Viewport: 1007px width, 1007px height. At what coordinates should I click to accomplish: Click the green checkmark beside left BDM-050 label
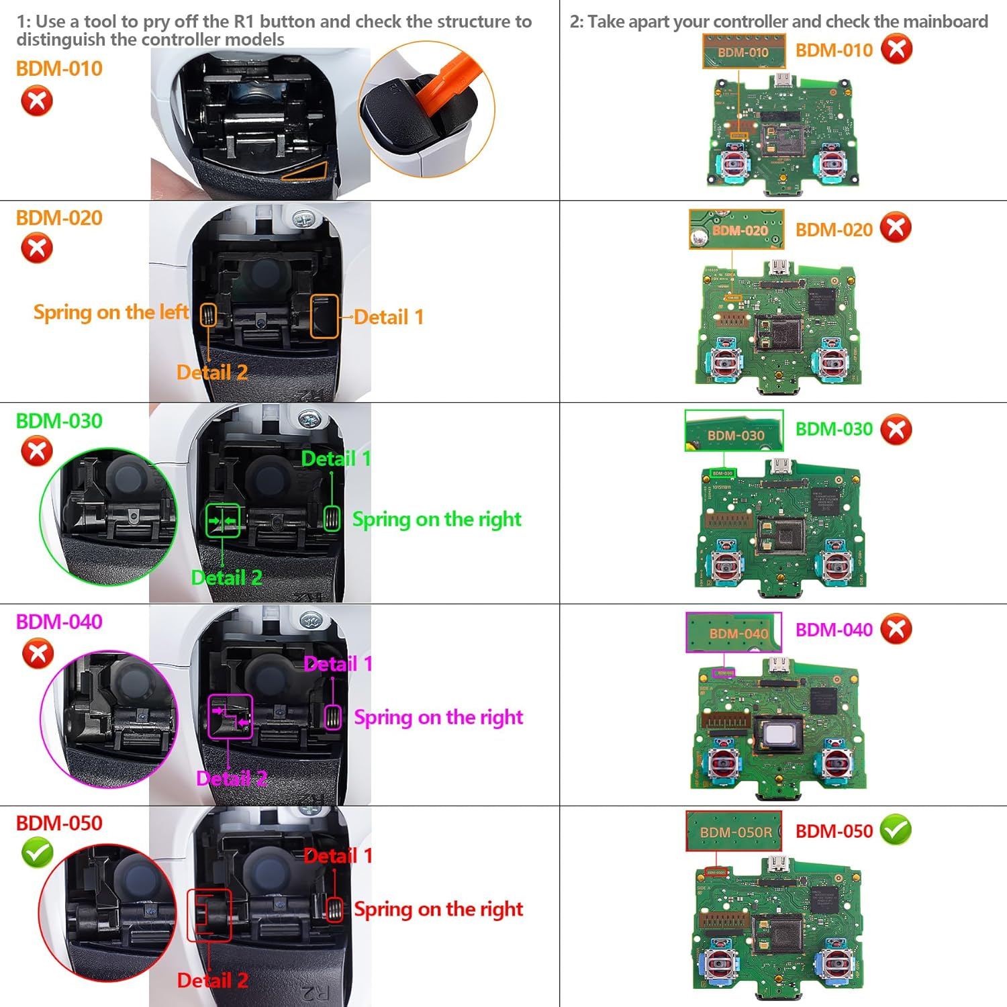click(38, 853)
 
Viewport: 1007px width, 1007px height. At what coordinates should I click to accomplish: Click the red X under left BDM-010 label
click(37, 102)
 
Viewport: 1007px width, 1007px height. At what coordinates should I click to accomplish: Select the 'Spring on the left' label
click(111, 312)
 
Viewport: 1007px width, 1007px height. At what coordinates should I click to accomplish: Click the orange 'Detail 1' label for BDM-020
click(389, 317)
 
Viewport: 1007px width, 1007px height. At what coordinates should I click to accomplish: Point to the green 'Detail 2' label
click(226, 577)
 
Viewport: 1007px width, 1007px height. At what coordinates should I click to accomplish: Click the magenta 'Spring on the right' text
click(438, 717)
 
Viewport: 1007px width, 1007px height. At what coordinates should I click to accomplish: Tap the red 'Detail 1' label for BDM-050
click(337, 855)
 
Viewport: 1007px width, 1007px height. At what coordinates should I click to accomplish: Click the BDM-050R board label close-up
click(734, 831)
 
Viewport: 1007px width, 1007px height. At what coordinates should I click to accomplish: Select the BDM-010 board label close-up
click(743, 52)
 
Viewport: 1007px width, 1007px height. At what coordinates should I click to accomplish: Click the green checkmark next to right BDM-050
click(896, 830)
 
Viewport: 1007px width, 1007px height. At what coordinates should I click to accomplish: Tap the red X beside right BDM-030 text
click(896, 430)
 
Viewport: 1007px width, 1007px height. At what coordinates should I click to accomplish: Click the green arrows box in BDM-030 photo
click(222, 521)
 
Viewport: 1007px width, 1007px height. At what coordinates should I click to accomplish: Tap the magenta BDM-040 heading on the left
click(59, 622)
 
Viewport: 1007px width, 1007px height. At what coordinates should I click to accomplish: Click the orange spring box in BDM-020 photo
click(208, 314)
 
